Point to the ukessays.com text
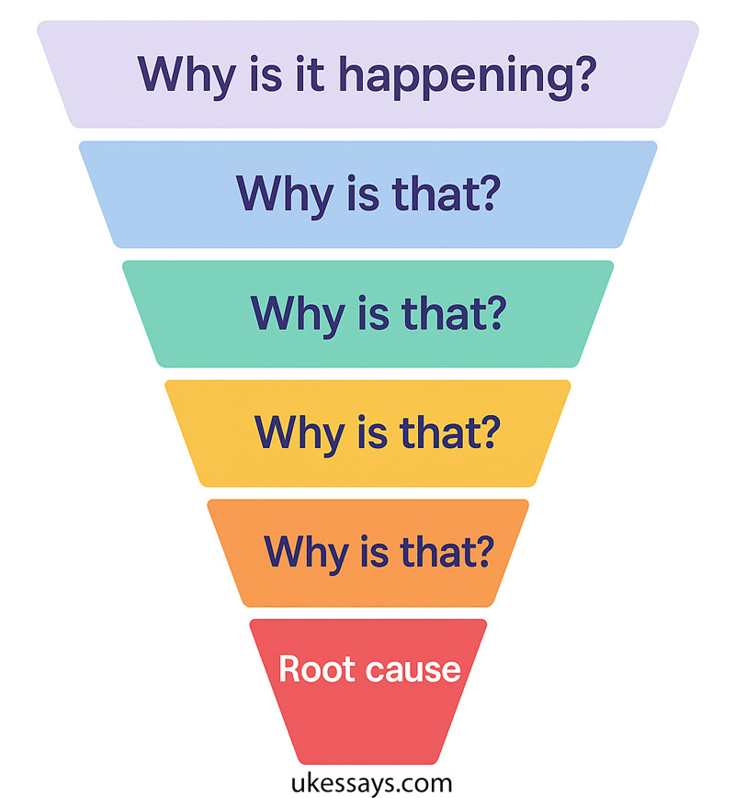[x=367, y=782]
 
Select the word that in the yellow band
[x=450, y=432]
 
